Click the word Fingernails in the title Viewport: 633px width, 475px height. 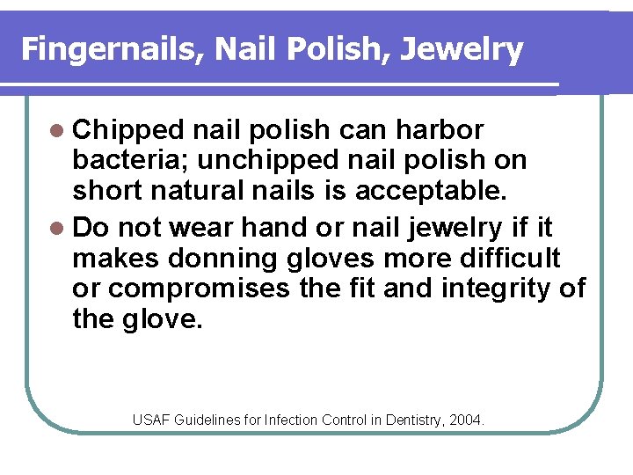tap(109, 49)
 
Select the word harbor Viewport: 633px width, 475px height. tap(440, 131)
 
